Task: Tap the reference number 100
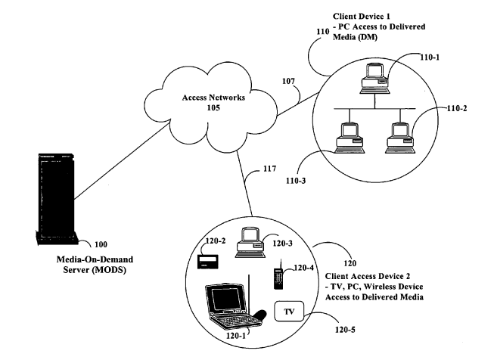[x=101, y=245]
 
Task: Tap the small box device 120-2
[x=206, y=261]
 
